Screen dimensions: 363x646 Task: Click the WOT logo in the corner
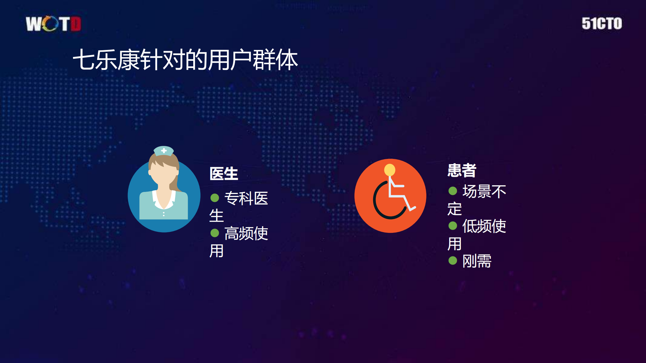(x=53, y=24)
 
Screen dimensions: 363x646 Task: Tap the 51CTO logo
(x=601, y=24)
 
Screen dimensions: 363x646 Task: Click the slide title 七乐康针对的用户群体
(x=185, y=60)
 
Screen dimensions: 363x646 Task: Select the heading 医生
(x=224, y=174)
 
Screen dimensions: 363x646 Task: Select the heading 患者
(x=462, y=170)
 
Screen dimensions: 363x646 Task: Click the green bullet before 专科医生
(x=215, y=198)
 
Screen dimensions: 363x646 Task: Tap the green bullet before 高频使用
(x=215, y=233)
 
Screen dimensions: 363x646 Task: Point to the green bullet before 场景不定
(x=453, y=191)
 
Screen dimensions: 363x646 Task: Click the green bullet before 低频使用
(x=453, y=226)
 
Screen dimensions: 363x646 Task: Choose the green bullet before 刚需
(x=453, y=261)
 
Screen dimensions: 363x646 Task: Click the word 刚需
(x=477, y=261)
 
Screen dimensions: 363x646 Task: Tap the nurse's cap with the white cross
(x=164, y=151)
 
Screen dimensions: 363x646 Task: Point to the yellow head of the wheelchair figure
(x=390, y=170)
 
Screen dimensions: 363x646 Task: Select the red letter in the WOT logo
(x=76, y=24)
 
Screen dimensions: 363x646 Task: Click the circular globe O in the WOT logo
(x=50, y=24)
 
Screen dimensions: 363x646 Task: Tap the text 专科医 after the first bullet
(x=246, y=198)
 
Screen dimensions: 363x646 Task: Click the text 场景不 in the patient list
(x=484, y=191)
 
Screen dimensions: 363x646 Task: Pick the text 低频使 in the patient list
(x=484, y=226)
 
